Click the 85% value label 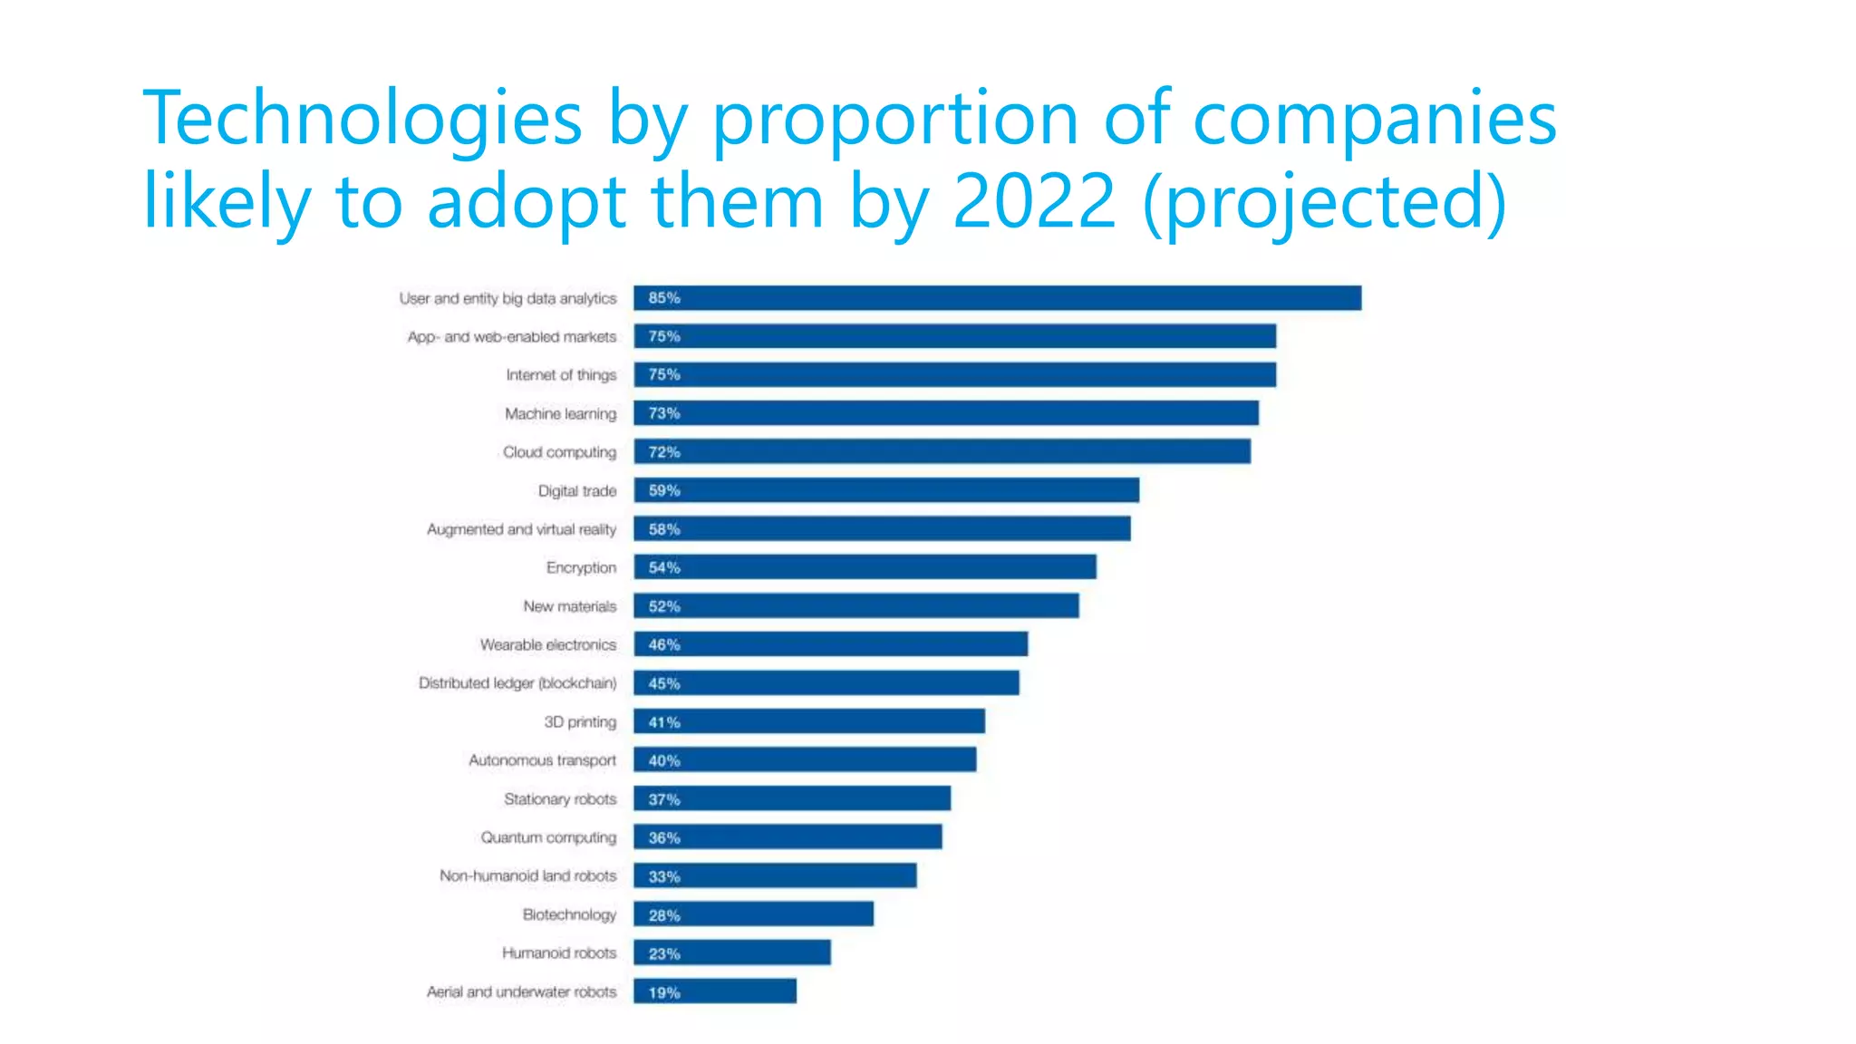coord(663,298)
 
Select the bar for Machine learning coord(945,413)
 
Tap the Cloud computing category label coord(559,452)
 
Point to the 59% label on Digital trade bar coord(663,490)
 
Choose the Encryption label coord(581,567)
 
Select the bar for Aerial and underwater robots coord(714,991)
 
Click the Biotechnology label coord(569,914)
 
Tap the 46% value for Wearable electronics coord(663,644)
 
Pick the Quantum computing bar coord(787,837)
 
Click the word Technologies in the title coord(362,118)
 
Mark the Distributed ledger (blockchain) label coord(517,683)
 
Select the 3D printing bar coord(808,721)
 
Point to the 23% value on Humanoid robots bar coord(663,953)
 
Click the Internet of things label coord(561,375)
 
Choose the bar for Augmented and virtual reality coord(881,529)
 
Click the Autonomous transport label coord(542,760)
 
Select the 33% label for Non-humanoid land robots coord(663,876)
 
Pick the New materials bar coord(855,606)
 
